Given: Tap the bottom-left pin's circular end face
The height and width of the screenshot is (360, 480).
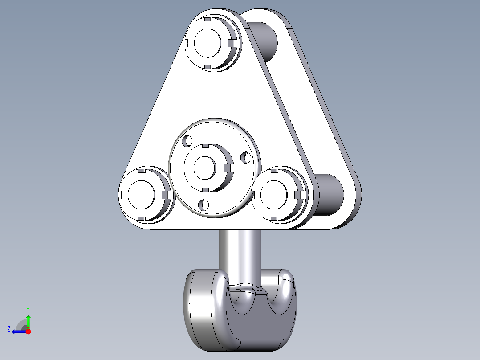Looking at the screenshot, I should pyautogui.click(x=141, y=195).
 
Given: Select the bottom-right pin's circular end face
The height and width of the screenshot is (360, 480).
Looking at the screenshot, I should pyautogui.click(x=274, y=195).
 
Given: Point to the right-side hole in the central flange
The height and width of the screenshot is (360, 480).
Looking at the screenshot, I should pyautogui.click(x=244, y=157).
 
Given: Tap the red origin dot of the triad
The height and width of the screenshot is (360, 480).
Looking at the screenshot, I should pyautogui.click(x=28, y=331).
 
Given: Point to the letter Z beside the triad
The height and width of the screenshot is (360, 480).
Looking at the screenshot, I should pyautogui.click(x=9, y=329).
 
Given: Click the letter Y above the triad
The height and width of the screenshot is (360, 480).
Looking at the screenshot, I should pyautogui.click(x=28, y=309).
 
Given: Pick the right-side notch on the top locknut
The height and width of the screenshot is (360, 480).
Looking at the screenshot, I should pyautogui.click(x=231, y=43).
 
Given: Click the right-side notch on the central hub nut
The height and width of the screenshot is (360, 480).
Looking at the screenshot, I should pyautogui.click(x=228, y=168).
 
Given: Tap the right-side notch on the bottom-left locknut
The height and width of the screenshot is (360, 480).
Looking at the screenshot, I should pyautogui.click(x=165, y=195).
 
